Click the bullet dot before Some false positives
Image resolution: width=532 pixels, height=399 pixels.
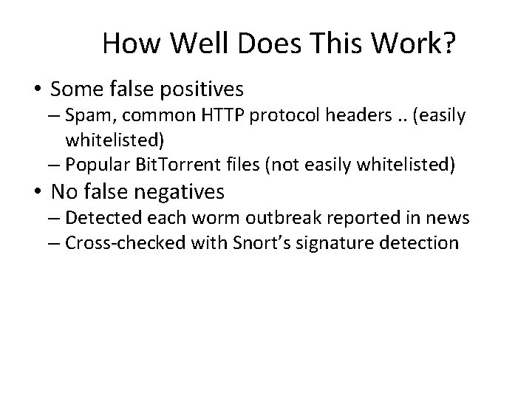(37, 90)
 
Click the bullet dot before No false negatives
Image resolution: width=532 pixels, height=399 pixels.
(37, 193)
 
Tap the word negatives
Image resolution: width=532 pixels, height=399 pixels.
(182, 193)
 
